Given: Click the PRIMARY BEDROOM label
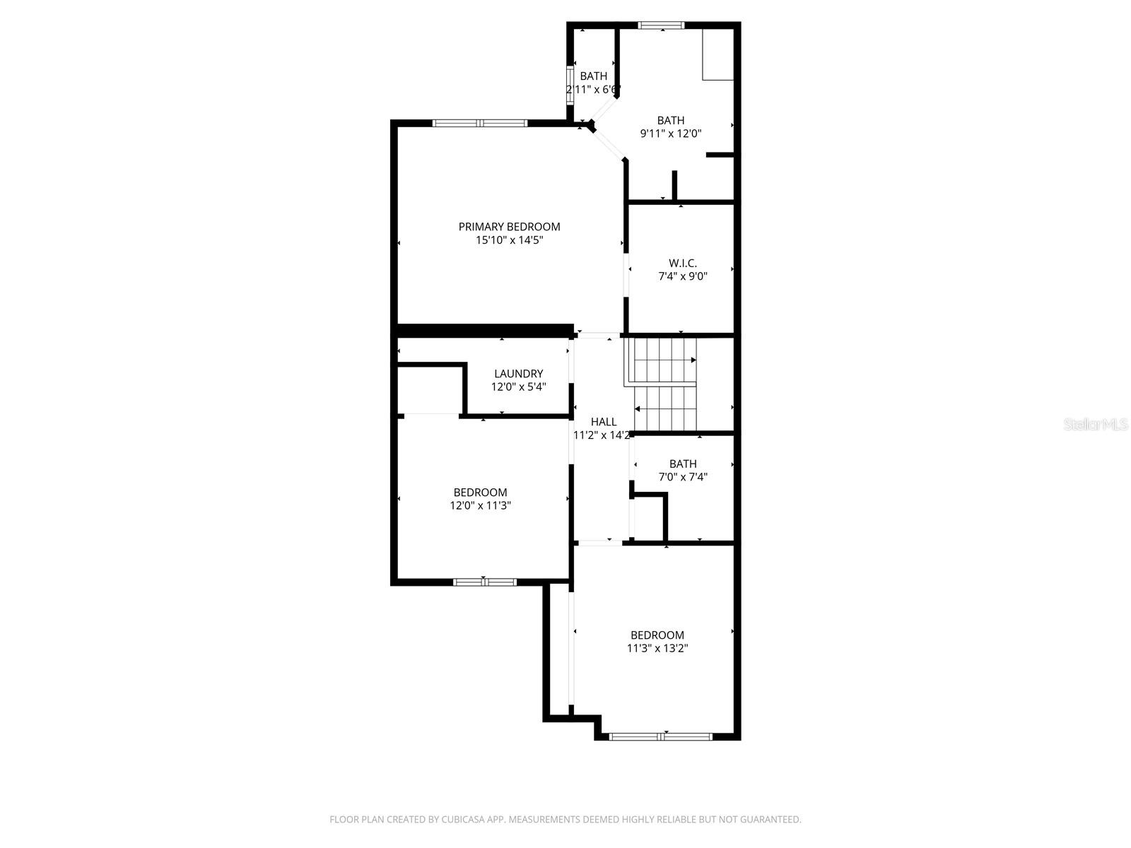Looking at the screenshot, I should [509, 227].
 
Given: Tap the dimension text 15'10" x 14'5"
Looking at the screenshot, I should [509, 240].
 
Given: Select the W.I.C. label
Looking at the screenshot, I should [683, 263].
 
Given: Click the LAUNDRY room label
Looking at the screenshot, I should [518, 374].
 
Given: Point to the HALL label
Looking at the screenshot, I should [604, 422].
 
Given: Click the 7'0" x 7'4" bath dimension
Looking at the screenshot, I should [683, 477].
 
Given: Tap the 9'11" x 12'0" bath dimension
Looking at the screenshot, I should [670, 134].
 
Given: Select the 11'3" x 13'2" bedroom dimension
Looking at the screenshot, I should [657, 648].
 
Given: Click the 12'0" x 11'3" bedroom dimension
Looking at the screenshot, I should [480, 505].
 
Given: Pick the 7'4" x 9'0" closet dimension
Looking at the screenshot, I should [683, 276].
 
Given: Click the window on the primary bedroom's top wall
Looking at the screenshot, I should [480, 123].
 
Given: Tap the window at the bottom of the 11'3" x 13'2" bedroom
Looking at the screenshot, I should [660, 736].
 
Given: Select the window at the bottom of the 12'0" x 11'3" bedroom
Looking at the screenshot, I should [485, 582].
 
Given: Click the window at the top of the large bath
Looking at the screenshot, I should [661, 25].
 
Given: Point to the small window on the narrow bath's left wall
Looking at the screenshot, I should [570, 85].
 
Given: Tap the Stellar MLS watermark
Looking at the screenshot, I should [1096, 425].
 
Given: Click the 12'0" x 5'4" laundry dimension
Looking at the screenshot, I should [518, 387].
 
